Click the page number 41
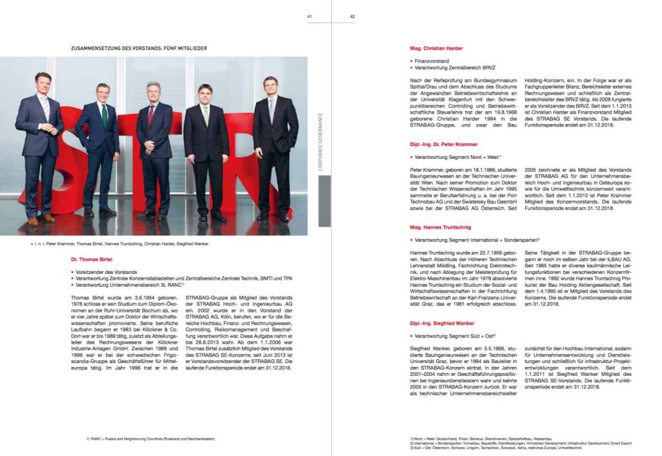coord(310,17)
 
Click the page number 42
coord(352,17)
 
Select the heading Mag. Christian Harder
coord(436,48)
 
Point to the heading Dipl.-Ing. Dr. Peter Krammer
coord(444,144)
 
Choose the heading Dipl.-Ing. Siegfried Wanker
coord(442,322)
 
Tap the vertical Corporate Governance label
coord(321,142)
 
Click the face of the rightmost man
coord(270,86)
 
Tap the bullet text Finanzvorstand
coord(432,61)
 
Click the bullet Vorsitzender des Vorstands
coord(110,272)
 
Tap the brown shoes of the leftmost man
coord(41,220)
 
